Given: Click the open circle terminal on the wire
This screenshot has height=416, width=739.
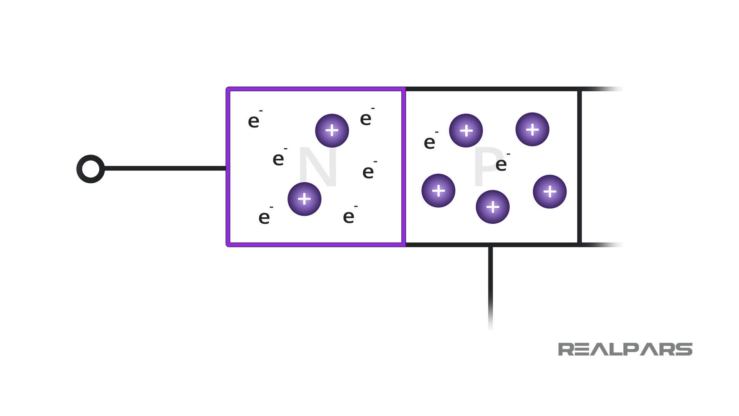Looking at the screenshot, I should point(91,169).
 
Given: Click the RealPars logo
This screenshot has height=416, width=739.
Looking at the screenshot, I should point(625,349).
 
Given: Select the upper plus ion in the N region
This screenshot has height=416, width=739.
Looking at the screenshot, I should point(332,131).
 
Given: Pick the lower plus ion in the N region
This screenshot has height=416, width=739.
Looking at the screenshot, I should point(304,199).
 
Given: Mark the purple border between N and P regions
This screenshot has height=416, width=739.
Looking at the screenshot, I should point(403,167).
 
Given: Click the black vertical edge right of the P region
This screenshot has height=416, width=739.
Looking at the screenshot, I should point(579,167).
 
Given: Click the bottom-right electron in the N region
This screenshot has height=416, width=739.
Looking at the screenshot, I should point(349,216).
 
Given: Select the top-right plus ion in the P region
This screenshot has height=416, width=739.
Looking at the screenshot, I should point(532,129).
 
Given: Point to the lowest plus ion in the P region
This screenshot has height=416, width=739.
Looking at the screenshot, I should point(493,207).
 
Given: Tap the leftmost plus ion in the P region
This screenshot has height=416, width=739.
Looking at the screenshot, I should point(438,191).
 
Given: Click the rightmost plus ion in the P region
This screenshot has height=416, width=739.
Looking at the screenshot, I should point(550,191).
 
